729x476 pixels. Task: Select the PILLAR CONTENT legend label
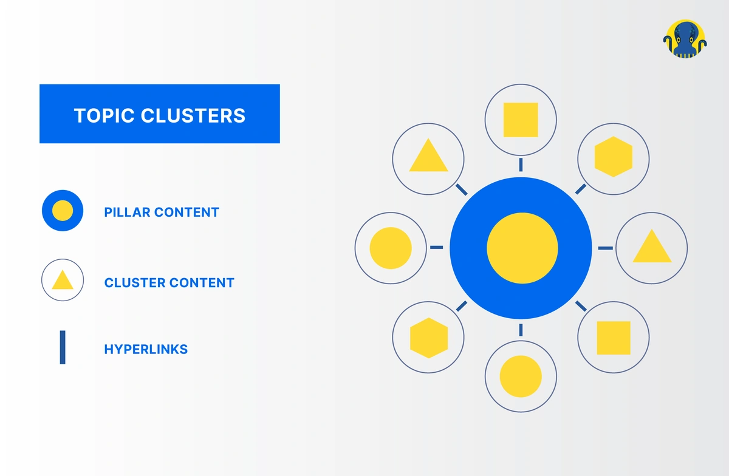tap(162, 212)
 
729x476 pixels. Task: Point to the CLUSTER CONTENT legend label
tap(169, 283)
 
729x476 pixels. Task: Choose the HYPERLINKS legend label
tap(146, 350)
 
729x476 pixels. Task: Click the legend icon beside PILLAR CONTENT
tap(63, 211)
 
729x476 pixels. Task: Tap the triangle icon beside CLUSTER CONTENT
tap(63, 281)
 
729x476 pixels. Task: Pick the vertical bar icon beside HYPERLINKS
tap(63, 347)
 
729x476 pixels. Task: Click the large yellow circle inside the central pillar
tap(522, 248)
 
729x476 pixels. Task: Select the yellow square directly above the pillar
tap(521, 120)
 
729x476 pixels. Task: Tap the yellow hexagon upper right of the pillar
tap(613, 157)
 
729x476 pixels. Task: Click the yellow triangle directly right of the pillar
tap(652, 248)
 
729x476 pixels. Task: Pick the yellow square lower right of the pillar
tap(613, 338)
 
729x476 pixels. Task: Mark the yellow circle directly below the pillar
tap(521, 376)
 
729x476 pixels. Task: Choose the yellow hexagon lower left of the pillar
tap(429, 338)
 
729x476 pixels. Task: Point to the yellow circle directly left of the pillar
tap(391, 248)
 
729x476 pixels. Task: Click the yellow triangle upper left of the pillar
tap(429, 157)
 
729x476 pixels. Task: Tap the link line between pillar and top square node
tap(521, 165)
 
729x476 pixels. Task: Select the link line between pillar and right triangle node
tap(605, 248)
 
